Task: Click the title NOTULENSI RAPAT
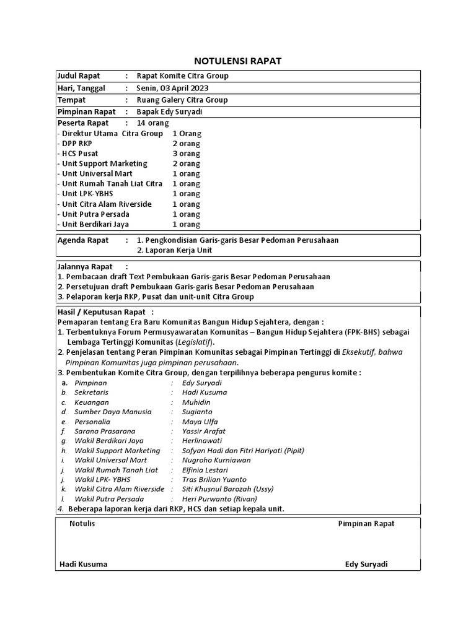[x=238, y=61]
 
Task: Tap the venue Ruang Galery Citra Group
[x=182, y=100]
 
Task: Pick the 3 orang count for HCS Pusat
[x=186, y=154]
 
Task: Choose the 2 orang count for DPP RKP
[x=186, y=144]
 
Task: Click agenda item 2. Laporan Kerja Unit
[x=174, y=250]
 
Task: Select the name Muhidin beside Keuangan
[x=196, y=402]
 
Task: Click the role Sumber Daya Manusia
[x=113, y=412]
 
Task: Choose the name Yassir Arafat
[x=204, y=431]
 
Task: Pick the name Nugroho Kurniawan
[x=216, y=460]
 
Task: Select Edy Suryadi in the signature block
[x=367, y=564]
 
